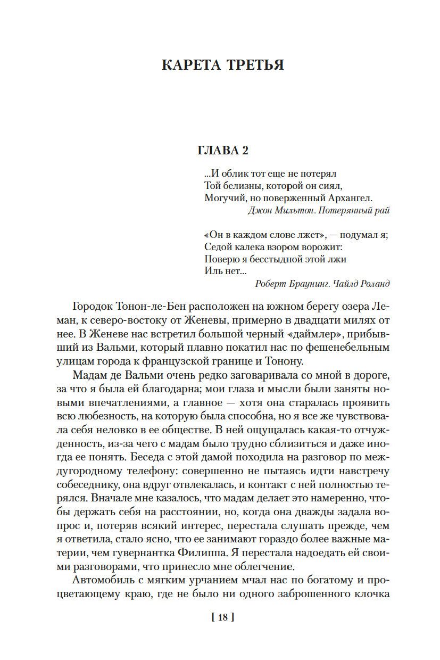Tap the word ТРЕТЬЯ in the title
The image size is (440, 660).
tap(255, 65)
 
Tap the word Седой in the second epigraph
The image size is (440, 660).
tap(217, 247)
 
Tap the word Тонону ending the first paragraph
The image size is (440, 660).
tap(286, 361)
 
